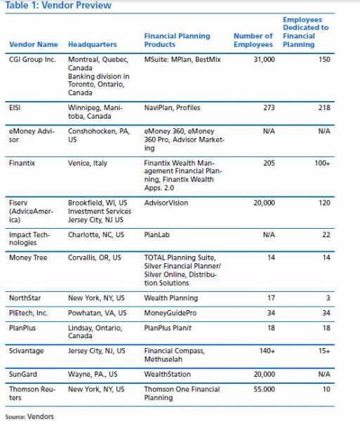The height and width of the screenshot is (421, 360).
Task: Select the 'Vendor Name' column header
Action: [x=32, y=44]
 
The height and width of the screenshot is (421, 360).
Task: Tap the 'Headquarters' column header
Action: [x=93, y=44]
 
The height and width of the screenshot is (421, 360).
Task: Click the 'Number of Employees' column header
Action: [x=253, y=40]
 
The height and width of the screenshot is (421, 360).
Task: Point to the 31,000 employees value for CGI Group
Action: [x=261, y=60]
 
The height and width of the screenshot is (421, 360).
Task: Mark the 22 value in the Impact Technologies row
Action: [x=325, y=235]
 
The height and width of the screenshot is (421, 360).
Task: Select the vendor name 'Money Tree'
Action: [x=28, y=258]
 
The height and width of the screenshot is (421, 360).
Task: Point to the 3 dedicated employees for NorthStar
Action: [x=327, y=298]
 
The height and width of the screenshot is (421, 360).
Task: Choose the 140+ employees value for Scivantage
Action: [x=262, y=350]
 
